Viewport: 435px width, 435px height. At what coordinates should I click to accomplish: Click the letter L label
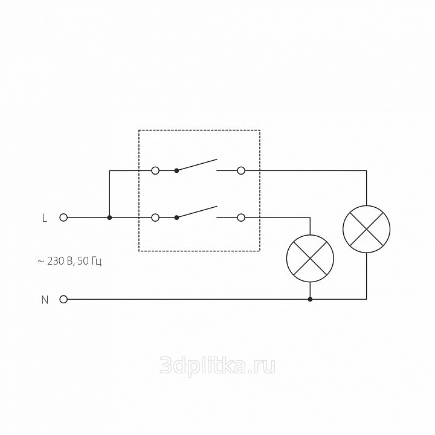[x=44, y=218]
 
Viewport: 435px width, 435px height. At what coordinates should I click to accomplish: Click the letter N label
[x=45, y=300]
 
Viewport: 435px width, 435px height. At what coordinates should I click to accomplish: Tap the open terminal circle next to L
[x=63, y=217]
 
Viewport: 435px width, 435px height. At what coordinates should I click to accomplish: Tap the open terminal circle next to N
[x=63, y=299]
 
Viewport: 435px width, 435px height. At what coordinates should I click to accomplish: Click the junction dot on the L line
[x=109, y=217]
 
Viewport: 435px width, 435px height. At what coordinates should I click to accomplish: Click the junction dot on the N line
[x=310, y=299]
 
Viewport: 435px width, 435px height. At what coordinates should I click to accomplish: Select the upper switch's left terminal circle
[x=155, y=170]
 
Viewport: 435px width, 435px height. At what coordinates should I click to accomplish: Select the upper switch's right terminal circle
[x=241, y=170]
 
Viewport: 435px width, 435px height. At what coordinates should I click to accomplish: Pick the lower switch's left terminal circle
[x=155, y=217]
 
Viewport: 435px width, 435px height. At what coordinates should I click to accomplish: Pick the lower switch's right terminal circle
[x=241, y=217]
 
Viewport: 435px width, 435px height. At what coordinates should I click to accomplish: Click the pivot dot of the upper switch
[x=176, y=170]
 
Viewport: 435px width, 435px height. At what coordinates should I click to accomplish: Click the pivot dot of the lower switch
[x=176, y=217]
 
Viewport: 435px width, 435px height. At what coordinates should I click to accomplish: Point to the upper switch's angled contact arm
[x=197, y=165]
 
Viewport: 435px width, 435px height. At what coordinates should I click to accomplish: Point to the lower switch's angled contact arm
[x=197, y=211]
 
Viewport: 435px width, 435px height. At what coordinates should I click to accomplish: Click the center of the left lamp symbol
[x=310, y=259]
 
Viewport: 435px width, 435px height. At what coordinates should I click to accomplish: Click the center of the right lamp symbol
[x=367, y=229]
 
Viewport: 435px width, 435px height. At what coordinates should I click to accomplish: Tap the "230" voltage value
[x=56, y=261]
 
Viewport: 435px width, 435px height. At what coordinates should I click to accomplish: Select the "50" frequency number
[x=82, y=261]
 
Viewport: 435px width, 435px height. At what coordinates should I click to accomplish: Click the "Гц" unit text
[x=95, y=262]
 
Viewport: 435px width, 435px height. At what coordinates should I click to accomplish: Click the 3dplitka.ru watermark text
[x=217, y=366]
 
